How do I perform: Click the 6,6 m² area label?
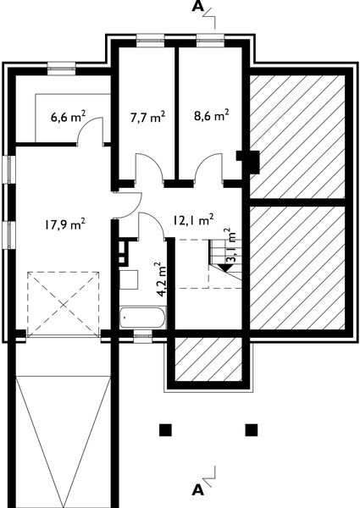68,116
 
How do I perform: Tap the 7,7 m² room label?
147,117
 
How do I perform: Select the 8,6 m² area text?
212,115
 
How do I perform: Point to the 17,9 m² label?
65,224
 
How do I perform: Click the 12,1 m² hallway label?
193,219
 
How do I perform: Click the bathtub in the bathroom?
142,317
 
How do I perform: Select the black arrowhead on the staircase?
224,268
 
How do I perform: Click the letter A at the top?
197,7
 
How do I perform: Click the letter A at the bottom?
197,490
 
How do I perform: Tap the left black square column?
165,430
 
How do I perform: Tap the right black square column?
252,430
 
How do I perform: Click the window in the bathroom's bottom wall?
143,337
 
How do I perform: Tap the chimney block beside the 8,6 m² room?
250,161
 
